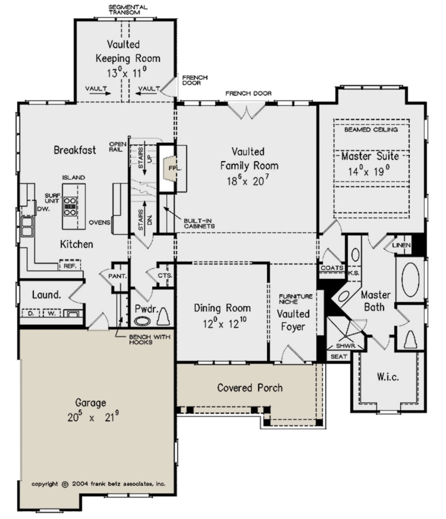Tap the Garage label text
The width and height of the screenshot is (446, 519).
tap(91, 403)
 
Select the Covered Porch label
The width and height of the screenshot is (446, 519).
tap(250, 388)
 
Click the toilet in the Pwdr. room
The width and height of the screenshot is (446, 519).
tap(163, 316)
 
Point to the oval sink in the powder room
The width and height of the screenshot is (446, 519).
tap(142, 321)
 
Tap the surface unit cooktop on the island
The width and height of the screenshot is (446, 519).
tap(70, 206)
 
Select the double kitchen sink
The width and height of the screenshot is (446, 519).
tap(27, 227)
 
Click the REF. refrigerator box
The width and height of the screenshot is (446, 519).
tap(70, 265)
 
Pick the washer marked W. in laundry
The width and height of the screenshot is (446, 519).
tap(51, 313)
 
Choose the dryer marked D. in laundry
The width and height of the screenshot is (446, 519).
tap(31, 313)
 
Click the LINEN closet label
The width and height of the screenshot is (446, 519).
tap(401, 245)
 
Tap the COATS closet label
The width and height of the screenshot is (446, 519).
tap(332, 268)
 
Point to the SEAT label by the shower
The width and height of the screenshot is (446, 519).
tap(339, 356)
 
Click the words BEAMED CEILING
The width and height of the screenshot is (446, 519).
tap(371, 129)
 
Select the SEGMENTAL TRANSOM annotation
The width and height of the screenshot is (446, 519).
tap(128, 10)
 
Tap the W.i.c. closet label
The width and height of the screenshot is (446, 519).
tap(388, 377)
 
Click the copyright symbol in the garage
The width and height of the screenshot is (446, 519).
tap(65, 484)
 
